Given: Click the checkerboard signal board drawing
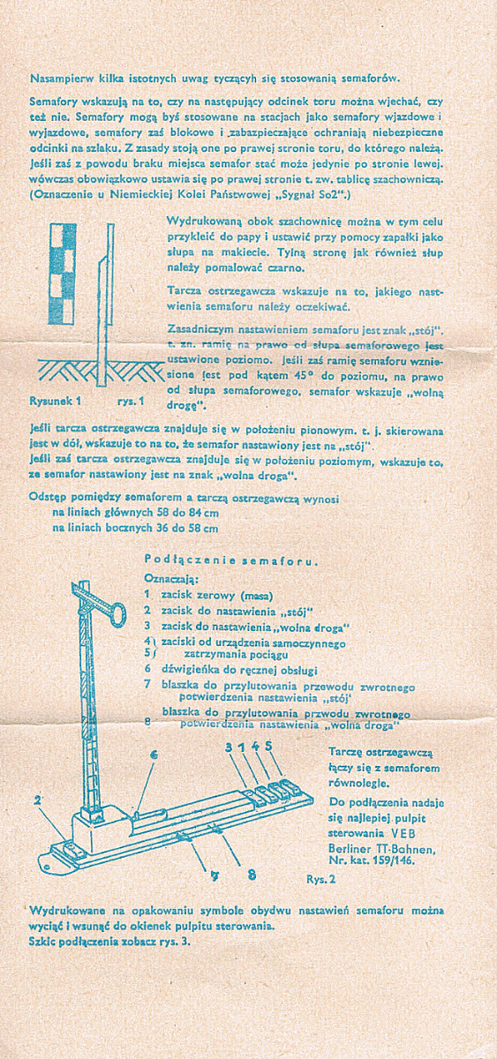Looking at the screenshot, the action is [x=61, y=274].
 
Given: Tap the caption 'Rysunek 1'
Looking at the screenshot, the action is [x=56, y=401].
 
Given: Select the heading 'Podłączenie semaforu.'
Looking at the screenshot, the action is [x=230, y=561].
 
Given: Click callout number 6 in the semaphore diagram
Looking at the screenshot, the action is [x=153, y=756].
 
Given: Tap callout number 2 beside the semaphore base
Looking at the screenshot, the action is [x=37, y=800].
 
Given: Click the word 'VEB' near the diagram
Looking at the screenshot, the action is [x=403, y=832].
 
